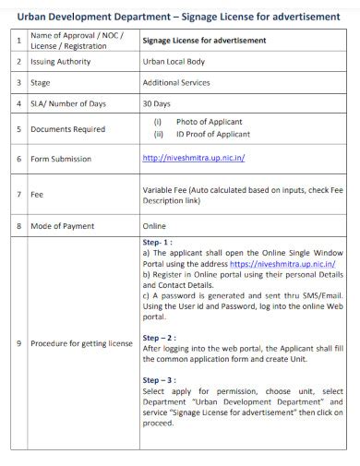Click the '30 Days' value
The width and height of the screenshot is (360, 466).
click(158, 104)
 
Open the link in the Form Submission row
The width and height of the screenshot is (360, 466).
click(193, 158)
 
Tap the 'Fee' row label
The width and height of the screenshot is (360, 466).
click(37, 195)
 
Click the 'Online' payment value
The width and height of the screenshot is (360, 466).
click(154, 225)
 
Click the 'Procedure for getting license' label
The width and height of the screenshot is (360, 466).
click(81, 343)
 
